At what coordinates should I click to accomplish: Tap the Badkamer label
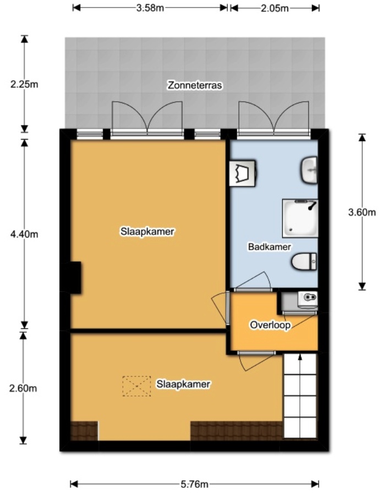tap(269, 247)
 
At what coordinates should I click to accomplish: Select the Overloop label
tap(270, 324)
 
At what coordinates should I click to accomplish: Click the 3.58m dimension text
tap(150, 8)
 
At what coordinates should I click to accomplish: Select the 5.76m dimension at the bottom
tap(194, 485)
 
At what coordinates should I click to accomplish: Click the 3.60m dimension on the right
tap(362, 212)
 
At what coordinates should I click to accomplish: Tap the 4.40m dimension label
tap(24, 234)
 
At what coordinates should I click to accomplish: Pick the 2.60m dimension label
tap(24, 388)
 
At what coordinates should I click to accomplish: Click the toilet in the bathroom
tap(305, 261)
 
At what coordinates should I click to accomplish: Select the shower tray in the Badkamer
tap(300, 218)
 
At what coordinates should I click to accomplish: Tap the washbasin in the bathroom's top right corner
tap(309, 169)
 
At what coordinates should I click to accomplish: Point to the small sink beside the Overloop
tap(307, 299)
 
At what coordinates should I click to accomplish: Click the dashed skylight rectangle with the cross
tap(136, 386)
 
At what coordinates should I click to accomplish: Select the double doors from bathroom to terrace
tap(273, 118)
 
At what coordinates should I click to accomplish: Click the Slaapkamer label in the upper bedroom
tap(147, 232)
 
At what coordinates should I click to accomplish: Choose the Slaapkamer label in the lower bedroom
tap(183, 384)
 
